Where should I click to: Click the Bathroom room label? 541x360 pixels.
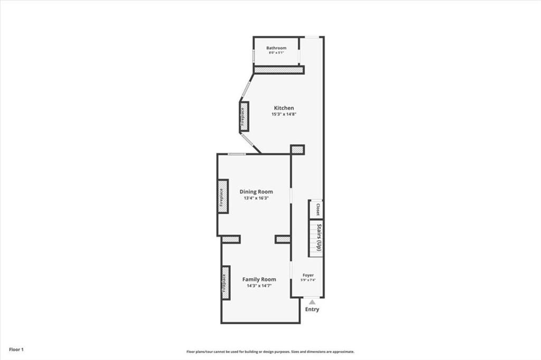(276, 48)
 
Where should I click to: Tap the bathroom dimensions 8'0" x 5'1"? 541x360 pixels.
(276, 53)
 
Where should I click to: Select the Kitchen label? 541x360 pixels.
(284, 108)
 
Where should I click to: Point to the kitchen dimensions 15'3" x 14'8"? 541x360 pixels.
(284, 114)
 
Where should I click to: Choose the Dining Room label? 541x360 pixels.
(256, 192)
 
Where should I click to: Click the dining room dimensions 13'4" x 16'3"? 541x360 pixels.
(256, 198)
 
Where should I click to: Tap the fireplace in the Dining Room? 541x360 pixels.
(222, 196)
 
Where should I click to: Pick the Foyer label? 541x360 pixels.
(308, 275)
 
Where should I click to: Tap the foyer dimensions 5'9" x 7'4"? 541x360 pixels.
(308, 280)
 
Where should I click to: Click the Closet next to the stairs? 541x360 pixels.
(317, 209)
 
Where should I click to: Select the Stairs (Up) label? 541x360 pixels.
(319, 238)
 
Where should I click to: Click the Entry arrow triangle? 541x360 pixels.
(312, 302)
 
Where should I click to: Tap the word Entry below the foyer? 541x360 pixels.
(312, 309)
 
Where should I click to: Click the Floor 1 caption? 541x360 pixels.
(16, 349)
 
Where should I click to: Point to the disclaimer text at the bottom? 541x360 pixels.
(270, 352)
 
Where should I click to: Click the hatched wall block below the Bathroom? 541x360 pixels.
(278, 70)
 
